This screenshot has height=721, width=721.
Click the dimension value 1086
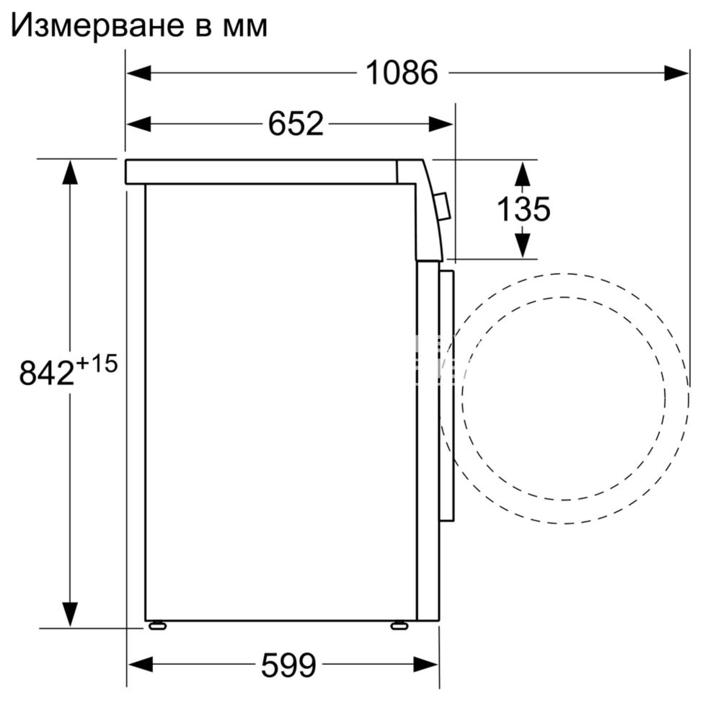[402, 72]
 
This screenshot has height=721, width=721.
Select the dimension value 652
[296, 124]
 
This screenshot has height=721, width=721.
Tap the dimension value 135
[523, 209]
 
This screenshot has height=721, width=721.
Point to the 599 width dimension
[288, 664]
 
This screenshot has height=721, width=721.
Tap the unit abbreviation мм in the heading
[244, 27]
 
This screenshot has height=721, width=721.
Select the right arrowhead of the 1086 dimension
[677, 72]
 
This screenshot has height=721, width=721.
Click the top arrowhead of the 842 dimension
[70, 172]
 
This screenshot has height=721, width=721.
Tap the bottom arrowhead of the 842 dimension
[70, 615]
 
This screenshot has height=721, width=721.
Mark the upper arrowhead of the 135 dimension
[523, 173]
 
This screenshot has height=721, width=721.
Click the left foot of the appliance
[156, 625]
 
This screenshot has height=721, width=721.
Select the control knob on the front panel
[444, 207]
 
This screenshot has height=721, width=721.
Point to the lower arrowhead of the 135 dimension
[523, 244]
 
